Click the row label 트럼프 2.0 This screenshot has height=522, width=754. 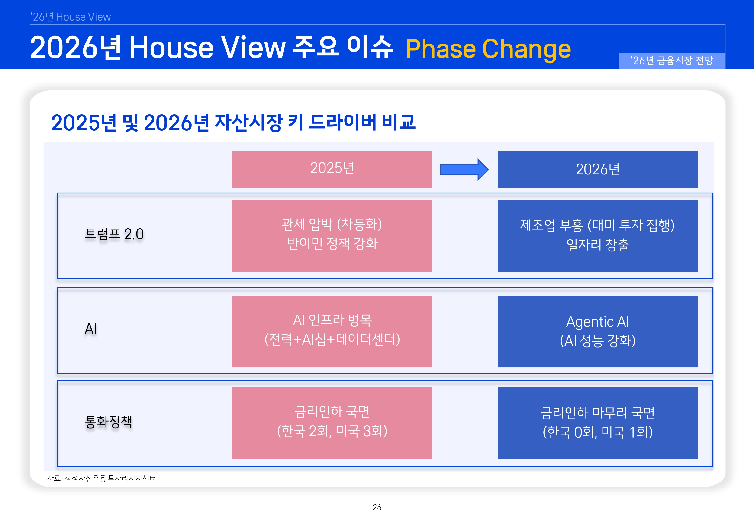click(x=114, y=234)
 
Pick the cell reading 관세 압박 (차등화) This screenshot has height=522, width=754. click(x=332, y=236)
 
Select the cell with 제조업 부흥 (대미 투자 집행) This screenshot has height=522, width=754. click(x=597, y=236)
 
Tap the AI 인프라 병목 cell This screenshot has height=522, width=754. click(x=332, y=332)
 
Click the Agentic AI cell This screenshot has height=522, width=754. click(x=597, y=332)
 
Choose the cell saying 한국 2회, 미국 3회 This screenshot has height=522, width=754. click(x=332, y=423)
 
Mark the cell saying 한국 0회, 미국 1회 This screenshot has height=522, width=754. click(x=597, y=423)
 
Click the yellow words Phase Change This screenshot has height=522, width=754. click(x=488, y=49)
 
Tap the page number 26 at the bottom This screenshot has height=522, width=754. click(x=377, y=507)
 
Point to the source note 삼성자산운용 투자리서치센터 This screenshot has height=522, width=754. click(x=110, y=478)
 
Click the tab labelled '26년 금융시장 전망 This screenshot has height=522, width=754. click(x=672, y=61)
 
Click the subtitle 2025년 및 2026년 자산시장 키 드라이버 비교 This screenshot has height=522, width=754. click(x=233, y=123)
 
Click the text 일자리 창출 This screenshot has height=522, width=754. click(x=598, y=245)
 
